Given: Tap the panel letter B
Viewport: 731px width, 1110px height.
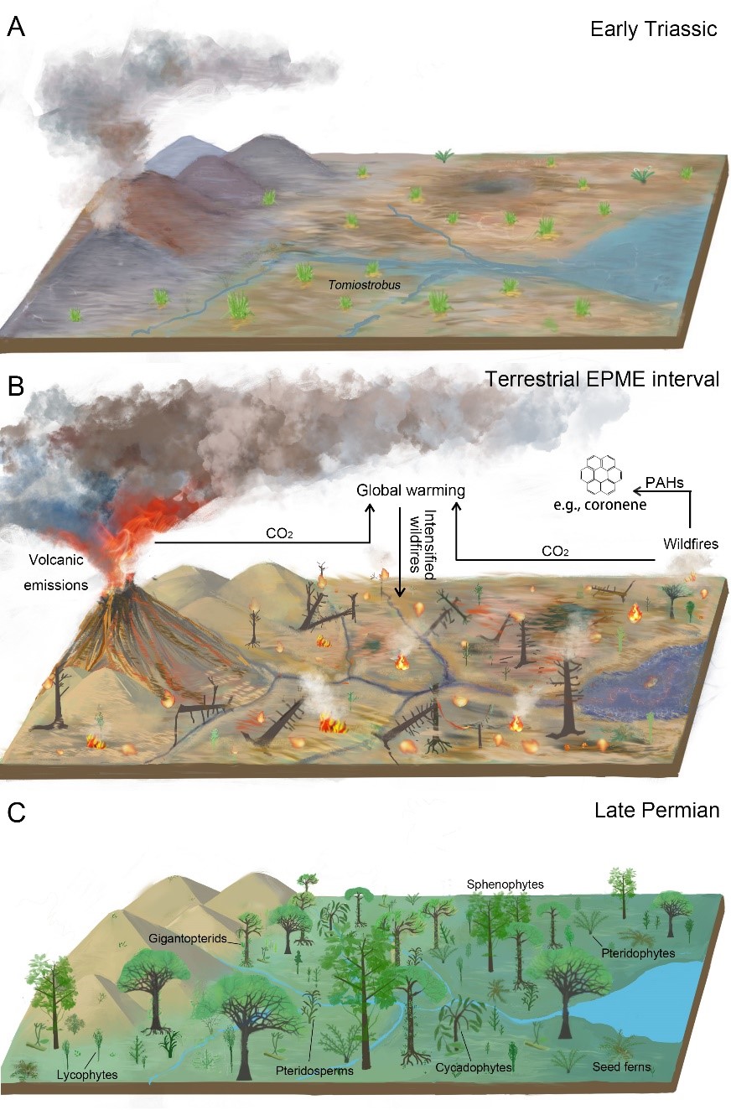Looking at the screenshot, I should [15, 388].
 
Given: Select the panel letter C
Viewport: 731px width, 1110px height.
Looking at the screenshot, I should [15, 812].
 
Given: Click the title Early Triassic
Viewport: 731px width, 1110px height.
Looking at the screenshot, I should [654, 29].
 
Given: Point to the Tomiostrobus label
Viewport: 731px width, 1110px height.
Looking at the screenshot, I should [363, 285].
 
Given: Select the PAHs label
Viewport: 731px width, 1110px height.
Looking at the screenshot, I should [663, 482].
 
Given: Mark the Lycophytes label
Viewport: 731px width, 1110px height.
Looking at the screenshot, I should [87, 1074].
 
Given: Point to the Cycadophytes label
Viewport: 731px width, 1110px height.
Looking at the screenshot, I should [473, 1068].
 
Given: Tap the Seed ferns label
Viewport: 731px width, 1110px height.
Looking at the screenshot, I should [621, 1067].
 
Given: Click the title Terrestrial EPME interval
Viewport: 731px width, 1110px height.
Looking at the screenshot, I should [602, 380].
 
